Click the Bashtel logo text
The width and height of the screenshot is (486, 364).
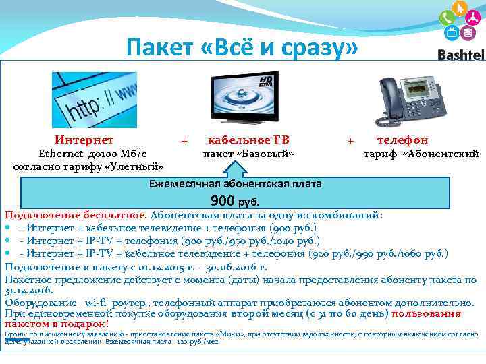click(461, 55)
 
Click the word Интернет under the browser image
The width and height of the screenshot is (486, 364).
click(84, 140)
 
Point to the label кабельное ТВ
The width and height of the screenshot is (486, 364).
click(248, 140)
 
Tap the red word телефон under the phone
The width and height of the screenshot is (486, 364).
click(402, 140)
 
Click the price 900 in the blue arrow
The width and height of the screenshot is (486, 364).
click(223, 200)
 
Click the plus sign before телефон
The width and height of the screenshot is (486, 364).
click(350, 140)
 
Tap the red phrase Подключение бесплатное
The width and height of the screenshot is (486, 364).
click(75, 215)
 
